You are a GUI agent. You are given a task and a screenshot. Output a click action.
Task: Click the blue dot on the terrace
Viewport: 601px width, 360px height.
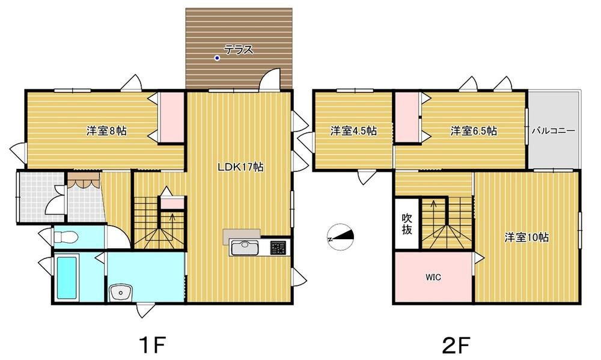[217, 58]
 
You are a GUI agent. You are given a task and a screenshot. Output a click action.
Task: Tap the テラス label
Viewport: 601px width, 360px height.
[239, 49]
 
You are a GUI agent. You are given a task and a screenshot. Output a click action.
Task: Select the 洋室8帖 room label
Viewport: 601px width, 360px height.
[106, 131]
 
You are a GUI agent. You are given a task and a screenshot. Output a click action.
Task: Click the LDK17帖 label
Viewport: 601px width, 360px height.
[241, 167]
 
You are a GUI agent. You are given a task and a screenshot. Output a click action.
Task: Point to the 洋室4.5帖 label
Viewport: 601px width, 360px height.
[353, 131]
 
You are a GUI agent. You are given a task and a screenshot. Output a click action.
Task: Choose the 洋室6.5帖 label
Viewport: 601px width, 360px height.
[474, 131]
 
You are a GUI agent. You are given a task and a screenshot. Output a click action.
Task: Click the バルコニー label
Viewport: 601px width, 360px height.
[553, 131]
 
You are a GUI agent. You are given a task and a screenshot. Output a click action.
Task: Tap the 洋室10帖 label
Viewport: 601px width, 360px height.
[526, 238]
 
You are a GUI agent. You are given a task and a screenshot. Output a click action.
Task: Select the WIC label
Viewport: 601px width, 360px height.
[433, 277]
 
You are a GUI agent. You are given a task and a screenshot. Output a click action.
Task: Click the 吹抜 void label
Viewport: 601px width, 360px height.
[407, 224]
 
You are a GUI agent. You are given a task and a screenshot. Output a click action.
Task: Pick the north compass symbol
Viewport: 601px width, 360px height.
[340, 237]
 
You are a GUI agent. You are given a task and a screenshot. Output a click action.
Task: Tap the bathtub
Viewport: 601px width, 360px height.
[67, 278]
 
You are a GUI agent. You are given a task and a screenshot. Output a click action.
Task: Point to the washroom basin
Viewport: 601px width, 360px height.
[121, 294]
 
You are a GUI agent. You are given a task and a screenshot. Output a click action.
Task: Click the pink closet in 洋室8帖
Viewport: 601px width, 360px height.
[172, 118]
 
